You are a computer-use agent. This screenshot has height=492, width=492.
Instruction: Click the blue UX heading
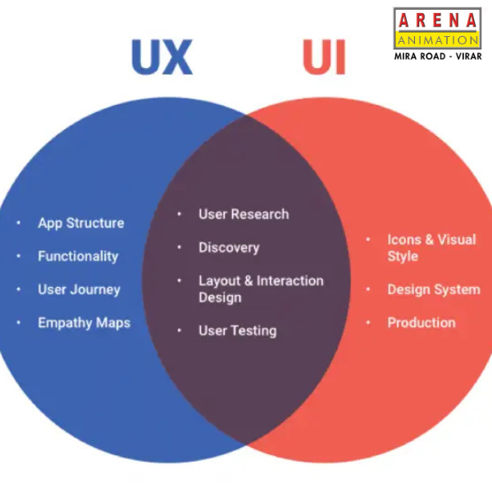point(162,57)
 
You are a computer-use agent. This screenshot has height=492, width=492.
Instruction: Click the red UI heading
point(324,57)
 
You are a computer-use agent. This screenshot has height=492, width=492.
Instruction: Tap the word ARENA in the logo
point(437,20)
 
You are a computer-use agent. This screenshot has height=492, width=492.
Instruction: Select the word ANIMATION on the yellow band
point(438,40)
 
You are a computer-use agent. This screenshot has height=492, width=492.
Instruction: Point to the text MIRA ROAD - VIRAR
point(438,57)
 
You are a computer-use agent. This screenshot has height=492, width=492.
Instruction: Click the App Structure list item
point(81,223)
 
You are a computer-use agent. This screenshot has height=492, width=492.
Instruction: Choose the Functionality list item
point(78,257)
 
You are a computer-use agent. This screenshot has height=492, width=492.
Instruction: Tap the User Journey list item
point(79,289)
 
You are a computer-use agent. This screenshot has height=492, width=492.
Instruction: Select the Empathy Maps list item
point(84,323)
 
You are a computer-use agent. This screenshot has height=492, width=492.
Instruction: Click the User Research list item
point(244,214)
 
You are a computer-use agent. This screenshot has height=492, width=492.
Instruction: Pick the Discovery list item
point(229,248)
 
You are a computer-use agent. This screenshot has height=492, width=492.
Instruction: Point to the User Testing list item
point(238,331)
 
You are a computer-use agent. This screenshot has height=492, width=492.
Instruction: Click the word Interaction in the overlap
point(290,280)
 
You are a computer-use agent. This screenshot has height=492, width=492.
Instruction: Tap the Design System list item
point(434,289)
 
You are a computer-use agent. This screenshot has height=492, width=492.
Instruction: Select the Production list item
point(421,323)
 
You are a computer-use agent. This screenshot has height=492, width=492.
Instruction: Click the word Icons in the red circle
point(404,239)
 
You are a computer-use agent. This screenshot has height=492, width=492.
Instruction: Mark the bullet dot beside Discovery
point(179,248)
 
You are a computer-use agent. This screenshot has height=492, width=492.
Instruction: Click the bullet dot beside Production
point(368,322)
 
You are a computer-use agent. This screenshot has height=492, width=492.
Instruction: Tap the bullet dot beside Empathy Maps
point(19,322)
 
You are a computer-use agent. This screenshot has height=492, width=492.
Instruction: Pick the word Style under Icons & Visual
point(403,257)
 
